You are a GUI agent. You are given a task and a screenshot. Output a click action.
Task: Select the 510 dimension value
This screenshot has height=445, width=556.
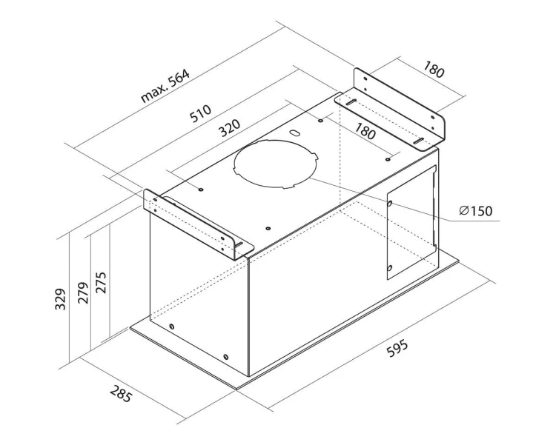(200, 113)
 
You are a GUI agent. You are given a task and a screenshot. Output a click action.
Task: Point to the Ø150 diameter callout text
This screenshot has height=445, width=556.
(475, 211)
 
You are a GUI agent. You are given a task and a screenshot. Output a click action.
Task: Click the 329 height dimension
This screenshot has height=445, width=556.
(60, 299)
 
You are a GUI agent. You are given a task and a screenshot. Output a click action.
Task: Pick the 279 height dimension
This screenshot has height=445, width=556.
(83, 293)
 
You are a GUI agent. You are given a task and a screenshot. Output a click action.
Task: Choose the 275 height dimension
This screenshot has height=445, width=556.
(101, 282)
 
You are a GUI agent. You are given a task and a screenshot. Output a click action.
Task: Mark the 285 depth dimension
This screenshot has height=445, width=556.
(121, 394)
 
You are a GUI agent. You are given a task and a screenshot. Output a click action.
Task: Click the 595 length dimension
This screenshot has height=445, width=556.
(397, 348)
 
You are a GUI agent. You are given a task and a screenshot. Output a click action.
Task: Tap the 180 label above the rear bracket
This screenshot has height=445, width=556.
(434, 70)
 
